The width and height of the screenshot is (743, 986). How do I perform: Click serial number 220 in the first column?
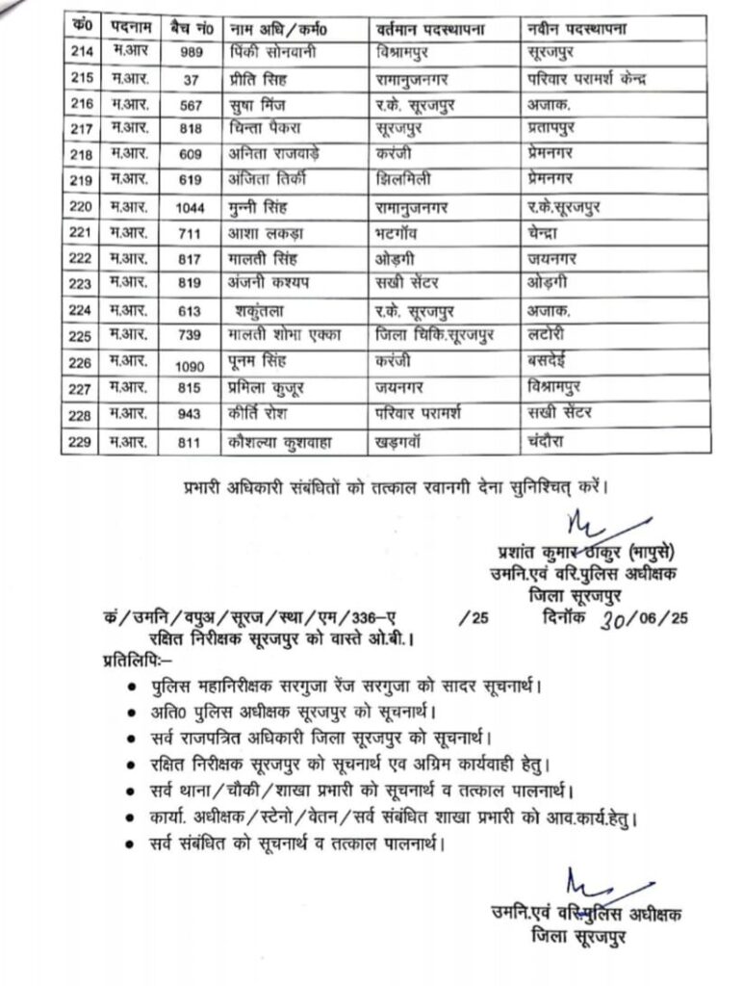(x=85, y=206)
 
